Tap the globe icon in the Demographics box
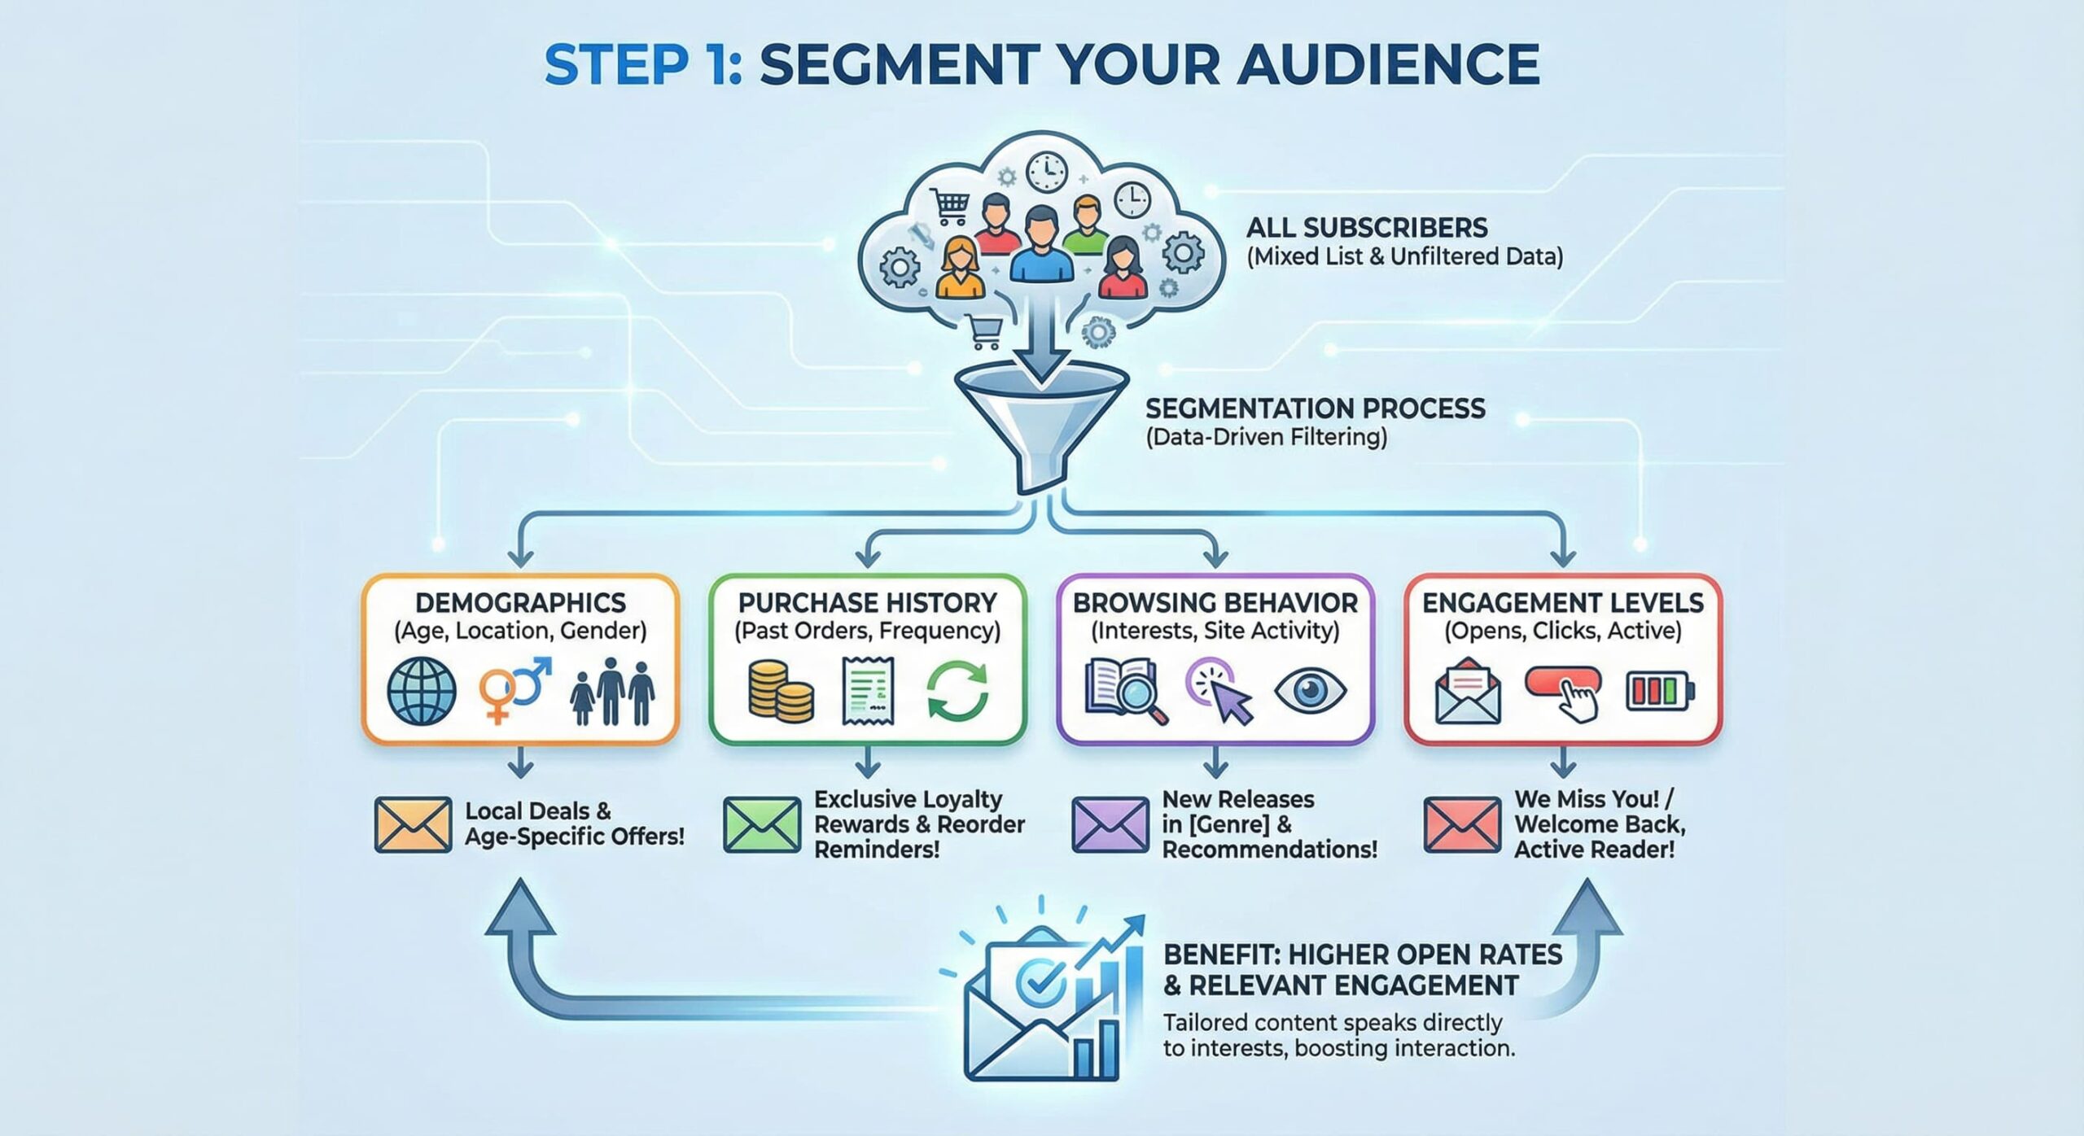pos(421,691)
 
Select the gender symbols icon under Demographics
pos(513,690)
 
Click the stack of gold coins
pos(780,692)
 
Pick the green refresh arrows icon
pos(957,692)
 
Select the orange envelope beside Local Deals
pos(413,824)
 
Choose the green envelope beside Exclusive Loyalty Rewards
pos(761,824)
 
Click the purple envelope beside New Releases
pos(1110,824)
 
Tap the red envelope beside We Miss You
pos(1461,824)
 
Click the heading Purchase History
pos(867,603)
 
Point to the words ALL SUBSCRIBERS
pos(1367,227)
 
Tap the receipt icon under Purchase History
pos(868,692)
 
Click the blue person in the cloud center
pos(1041,244)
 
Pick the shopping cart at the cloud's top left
pos(949,207)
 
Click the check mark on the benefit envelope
pos(1040,981)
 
